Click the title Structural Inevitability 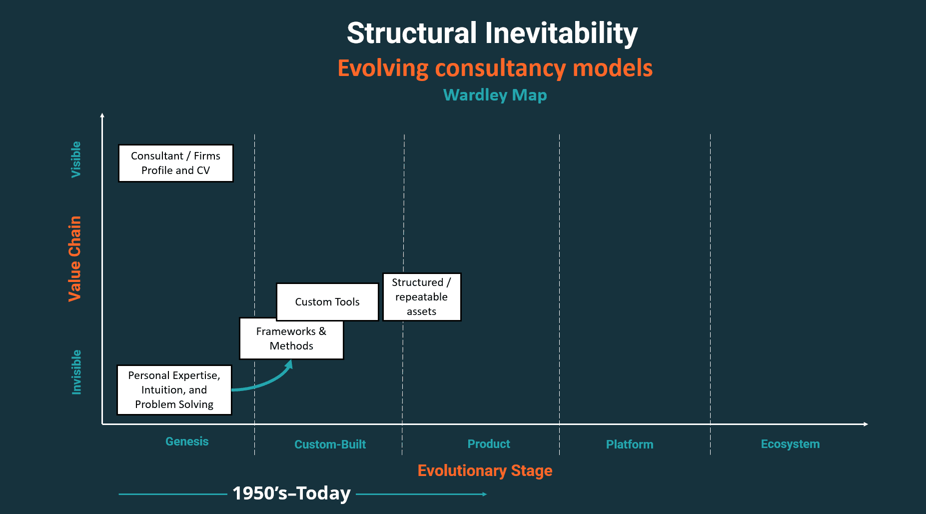coord(492,33)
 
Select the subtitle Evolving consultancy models coord(495,68)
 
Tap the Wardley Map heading coord(495,95)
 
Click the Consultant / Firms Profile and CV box coord(175,163)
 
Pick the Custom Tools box coord(327,301)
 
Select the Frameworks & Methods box coord(291,338)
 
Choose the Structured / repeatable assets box coord(421,296)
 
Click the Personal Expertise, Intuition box coord(174,389)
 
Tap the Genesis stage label coord(187,441)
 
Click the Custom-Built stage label coord(330,444)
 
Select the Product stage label coord(489,444)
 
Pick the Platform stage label coord(630,444)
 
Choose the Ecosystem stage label coord(790,444)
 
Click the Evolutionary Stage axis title coord(485,470)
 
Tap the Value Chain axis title coord(74,258)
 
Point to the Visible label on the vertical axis coord(76,159)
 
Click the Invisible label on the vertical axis coord(76,372)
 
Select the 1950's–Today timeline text coord(292,493)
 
